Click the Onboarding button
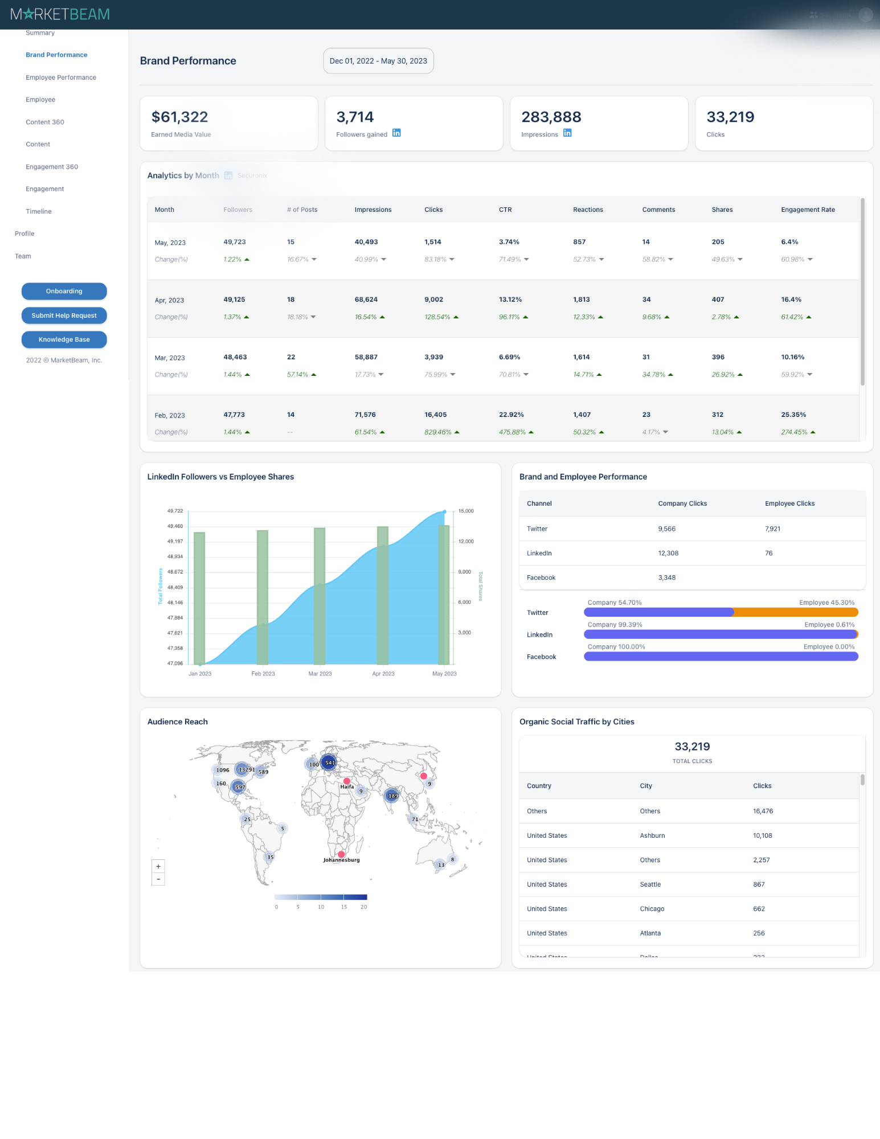pos(64,291)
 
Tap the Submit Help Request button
pos(64,316)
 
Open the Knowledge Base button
pos(64,339)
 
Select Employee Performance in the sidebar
pos(61,77)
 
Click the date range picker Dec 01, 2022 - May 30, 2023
pos(378,61)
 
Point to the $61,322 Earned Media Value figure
pos(179,117)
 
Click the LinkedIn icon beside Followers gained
pos(396,133)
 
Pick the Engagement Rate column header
pos(808,210)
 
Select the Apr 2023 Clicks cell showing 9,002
pos(433,300)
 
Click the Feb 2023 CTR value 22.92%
pos(511,415)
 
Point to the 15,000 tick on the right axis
pos(466,511)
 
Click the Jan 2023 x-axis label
pos(200,674)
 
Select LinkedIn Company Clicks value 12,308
pos(668,553)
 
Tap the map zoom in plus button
pos(158,866)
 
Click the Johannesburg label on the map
pos(342,860)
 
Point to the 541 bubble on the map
pos(329,763)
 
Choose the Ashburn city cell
pos(652,835)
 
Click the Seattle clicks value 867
pos(759,884)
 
